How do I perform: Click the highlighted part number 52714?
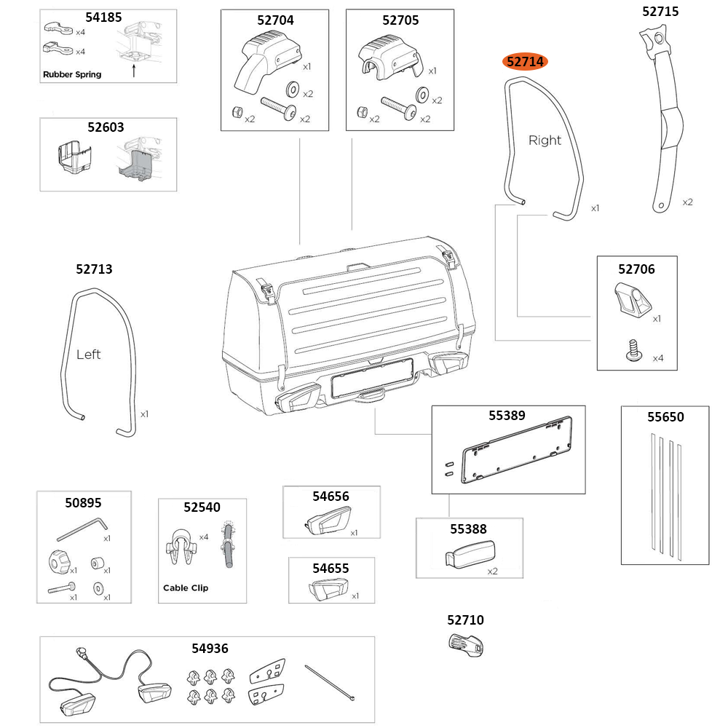point(526,62)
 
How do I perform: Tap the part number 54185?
point(103,17)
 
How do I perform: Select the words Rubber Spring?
point(72,74)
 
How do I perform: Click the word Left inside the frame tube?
point(88,355)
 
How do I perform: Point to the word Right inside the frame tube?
point(545,141)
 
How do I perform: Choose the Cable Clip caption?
point(185,587)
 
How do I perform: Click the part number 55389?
point(507,416)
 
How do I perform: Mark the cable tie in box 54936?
point(331,684)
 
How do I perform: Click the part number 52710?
point(465,620)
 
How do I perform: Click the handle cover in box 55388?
point(470,553)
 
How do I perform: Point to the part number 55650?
point(665,417)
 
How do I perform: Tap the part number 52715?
point(660,11)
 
